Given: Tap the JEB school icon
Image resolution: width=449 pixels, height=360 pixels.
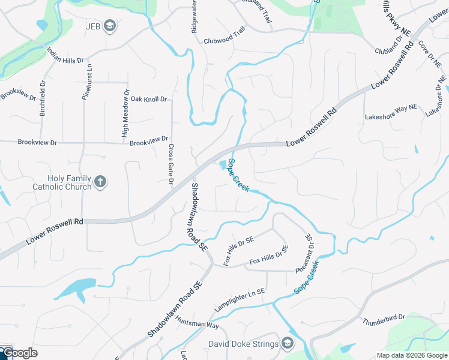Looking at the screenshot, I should [x=109, y=25].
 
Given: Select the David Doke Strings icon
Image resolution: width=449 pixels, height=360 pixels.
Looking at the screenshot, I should [x=288, y=344].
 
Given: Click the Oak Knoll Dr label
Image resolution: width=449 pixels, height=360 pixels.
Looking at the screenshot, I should [x=148, y=99].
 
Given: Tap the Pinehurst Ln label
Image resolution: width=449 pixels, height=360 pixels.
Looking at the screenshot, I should [x=86, y=81].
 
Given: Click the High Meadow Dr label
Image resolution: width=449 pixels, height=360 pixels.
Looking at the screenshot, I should [x=125, y=114].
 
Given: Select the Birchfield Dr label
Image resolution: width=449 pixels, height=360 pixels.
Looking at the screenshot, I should [x=42, y=99].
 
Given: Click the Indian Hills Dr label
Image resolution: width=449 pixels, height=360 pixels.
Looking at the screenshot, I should [x=65, y=56].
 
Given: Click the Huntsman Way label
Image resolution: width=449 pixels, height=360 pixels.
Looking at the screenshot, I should [x=197, y=322].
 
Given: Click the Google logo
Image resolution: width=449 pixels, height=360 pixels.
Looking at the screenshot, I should [x=20, y=353].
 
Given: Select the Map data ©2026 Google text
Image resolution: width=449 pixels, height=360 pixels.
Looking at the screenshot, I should [x=411, y=355].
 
